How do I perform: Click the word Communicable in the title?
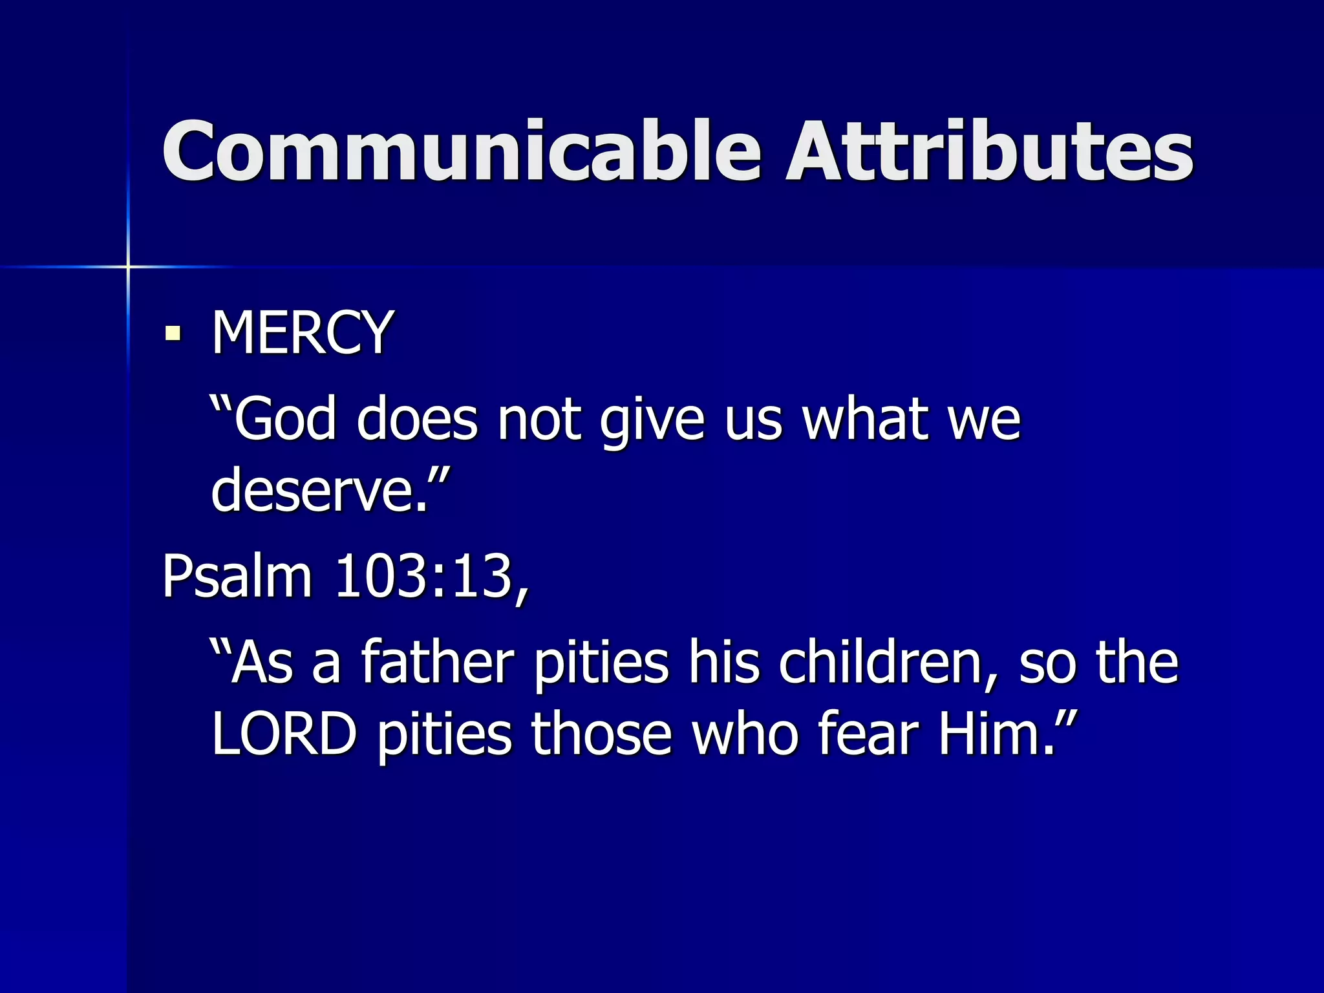click(462, 151)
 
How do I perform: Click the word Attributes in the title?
click(989, 151)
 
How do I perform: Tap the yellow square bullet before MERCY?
click(173, 334)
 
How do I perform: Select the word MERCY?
click(302, 332)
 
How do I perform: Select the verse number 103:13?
click(424, 575)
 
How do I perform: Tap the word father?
click(437, 662)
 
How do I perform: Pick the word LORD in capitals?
click(284, 734)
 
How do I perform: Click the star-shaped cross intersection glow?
click(128, 266)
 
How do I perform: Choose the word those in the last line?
click(602, 734)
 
